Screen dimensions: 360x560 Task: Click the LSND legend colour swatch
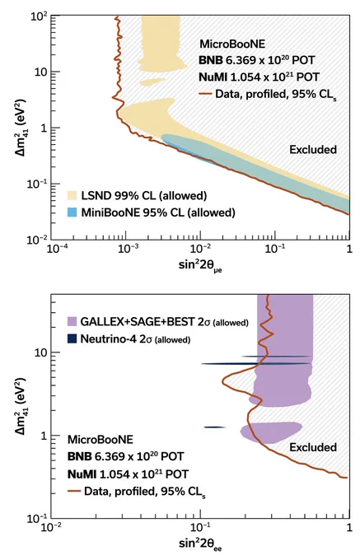72,195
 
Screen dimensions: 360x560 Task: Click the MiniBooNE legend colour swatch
72,212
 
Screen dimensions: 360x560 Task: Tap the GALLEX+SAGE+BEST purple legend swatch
72,321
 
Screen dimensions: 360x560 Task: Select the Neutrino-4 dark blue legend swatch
72,338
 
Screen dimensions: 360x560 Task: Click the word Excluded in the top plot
313,149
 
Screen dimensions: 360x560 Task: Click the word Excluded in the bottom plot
313,447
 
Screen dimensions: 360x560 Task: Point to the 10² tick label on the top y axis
40,16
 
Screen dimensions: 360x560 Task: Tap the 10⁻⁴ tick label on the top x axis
58,249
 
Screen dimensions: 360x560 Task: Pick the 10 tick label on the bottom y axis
40,352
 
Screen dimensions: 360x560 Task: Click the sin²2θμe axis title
200,266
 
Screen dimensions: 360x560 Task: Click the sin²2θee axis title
200,544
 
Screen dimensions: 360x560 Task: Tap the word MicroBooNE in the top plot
232,44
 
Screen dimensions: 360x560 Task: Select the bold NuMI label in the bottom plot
82,474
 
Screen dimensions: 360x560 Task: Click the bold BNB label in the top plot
211,60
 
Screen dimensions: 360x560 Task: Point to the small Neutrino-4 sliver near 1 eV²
215,427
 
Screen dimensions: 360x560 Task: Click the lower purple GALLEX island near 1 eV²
271,432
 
